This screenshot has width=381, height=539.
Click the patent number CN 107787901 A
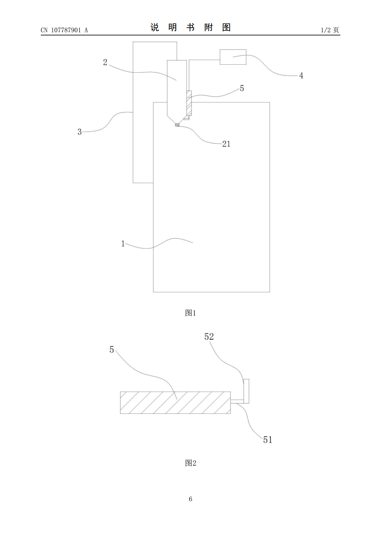64,30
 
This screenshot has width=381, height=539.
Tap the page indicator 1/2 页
330,30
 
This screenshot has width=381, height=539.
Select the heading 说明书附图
190,28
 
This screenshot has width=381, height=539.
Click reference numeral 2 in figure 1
105,62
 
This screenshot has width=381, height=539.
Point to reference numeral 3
80,132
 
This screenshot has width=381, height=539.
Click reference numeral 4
301,76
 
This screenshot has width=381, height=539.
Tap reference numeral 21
226,144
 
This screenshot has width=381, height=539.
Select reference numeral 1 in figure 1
123,244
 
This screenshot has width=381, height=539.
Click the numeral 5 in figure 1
242,88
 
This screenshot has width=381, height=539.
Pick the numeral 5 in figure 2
112,350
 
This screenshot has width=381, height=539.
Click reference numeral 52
209,336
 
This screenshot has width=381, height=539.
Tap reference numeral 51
268,440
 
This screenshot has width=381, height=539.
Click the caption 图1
190,313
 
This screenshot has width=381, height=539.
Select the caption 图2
190,463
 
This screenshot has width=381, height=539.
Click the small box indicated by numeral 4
233,57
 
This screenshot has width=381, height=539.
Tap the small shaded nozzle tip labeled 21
177,125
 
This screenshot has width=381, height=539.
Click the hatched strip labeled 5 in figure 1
189,103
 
